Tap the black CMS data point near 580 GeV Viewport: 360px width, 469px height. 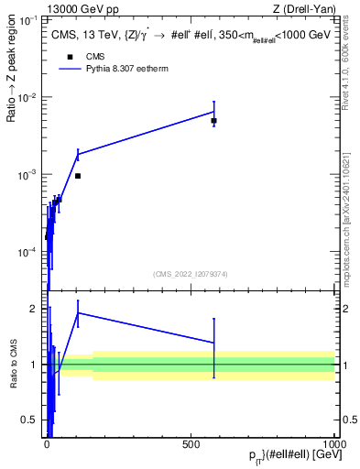point(213,121)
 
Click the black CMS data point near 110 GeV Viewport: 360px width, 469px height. point(78,176)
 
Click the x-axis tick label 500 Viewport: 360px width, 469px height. point(191,443)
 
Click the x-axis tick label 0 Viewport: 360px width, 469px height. point(47,443)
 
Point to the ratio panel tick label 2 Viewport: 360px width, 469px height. point(36,309)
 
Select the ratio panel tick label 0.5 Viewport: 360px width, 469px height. point(33,420)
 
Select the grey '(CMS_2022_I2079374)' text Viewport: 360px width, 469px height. point(191,273)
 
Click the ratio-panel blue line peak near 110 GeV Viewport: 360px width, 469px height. point(78,312)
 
